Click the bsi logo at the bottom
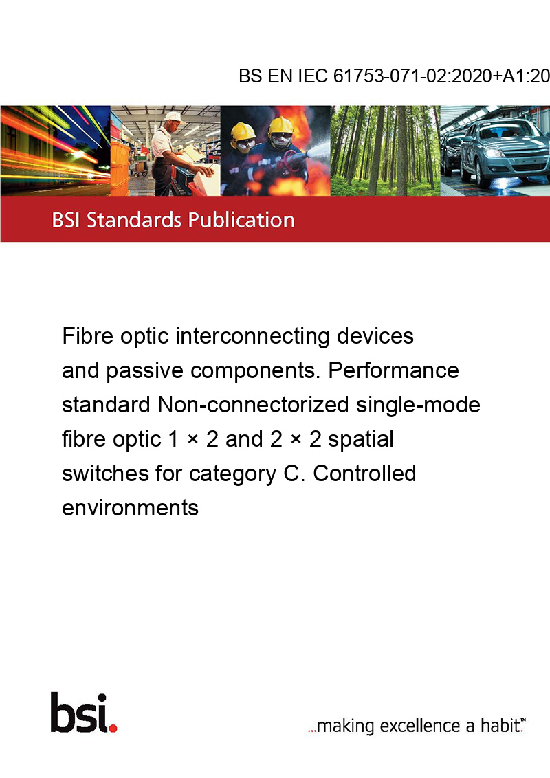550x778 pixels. tap(84, 713)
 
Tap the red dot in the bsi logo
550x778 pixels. tap(113, 728)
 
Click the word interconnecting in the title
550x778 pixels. tap(253, 336)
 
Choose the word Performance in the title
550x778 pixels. tap(394, 370)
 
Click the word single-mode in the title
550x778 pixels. tap(418, 405)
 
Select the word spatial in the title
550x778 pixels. tap(361, 440)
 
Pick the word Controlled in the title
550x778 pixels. tap(364, 474)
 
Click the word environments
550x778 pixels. tap(130, 508)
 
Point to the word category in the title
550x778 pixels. tap(233, 474)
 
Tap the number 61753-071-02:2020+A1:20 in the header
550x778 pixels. tap(441, 76)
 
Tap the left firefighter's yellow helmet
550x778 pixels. tap(243, 131)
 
